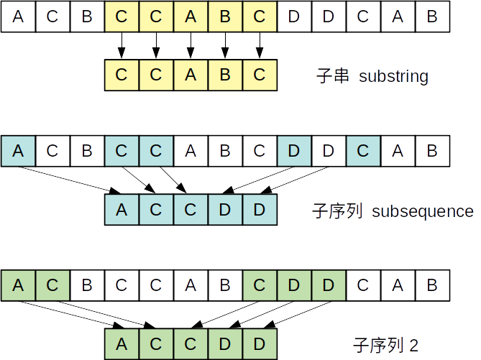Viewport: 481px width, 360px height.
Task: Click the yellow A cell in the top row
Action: (x=191, y=17)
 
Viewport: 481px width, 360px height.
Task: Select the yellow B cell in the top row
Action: (x=225, y=17)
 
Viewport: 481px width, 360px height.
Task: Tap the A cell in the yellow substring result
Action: (x=191, y=75)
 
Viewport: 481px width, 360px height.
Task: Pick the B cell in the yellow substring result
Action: (x=225, y=75)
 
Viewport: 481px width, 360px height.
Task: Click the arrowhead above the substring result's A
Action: (x=191, y=52)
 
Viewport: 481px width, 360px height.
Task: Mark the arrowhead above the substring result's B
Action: (x=225, y=52)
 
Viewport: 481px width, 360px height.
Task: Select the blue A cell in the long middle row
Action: (x=18, y=151)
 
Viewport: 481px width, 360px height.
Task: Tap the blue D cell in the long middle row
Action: (x=294, y=151)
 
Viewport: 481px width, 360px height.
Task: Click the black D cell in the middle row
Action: (x=329, y=151)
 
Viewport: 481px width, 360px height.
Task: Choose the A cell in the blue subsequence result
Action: (x=122, y=210)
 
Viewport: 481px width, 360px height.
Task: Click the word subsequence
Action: (x=422, y=212)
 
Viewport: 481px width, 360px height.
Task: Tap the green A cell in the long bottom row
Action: (x=18, y=285)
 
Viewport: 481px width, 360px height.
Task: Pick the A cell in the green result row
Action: (x=122, y=343)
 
